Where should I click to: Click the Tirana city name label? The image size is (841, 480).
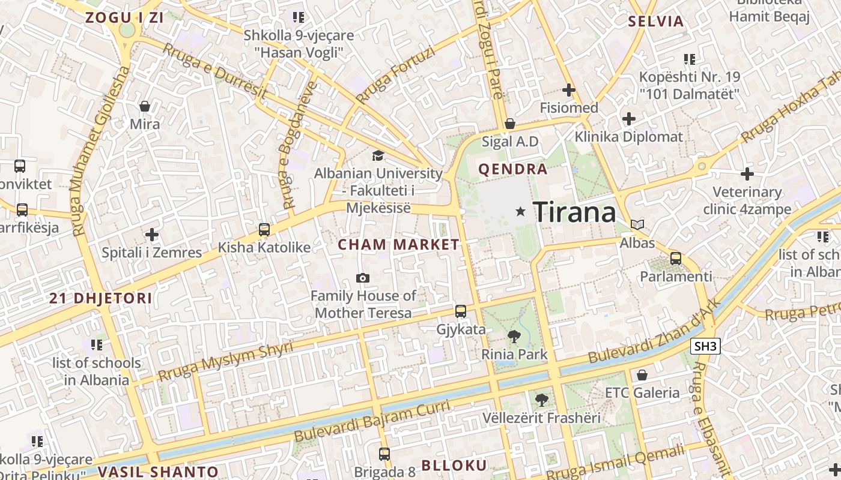tap(574, 212)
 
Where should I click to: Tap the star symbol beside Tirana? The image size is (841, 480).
tap(520, 211)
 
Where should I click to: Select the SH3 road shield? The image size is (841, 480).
tap(705, 346)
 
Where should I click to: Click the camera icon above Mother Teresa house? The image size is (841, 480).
tap(362, 278)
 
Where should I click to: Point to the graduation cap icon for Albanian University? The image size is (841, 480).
tap(378, 156)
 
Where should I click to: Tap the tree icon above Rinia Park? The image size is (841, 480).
tap(514, 336)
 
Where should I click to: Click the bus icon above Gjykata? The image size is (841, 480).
tap(461, 311)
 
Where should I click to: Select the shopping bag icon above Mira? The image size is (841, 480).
tap(145, 106)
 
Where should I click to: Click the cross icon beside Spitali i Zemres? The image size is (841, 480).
tap(152, 234)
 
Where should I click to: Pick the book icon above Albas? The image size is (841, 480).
tap(637, 225)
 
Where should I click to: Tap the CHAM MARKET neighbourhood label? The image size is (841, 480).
tap(398, 245)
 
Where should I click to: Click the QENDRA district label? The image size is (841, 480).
tap(513, 169)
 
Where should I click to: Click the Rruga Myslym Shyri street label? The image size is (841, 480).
tap(225, 362)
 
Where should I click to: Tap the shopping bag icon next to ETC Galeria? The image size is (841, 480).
tap(642, 375)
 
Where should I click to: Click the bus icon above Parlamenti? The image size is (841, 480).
tap(676, 259)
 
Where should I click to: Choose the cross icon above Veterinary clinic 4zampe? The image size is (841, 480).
tap(747, 175)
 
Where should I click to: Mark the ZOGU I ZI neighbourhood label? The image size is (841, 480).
tap(124, 17)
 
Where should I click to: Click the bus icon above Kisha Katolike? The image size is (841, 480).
tap(264, 229)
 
